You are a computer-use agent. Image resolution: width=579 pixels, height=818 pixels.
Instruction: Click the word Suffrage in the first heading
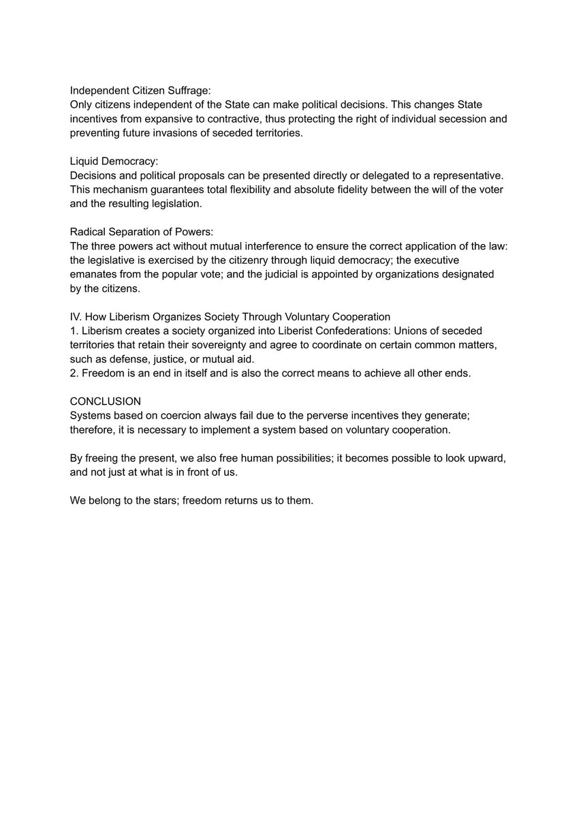point(190,90)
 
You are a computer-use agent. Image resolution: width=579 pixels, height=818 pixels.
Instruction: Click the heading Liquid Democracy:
point(114,162)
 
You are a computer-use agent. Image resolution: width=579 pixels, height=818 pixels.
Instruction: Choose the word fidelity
point(355,190)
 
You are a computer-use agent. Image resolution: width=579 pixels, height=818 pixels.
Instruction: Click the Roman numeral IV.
point(76,316)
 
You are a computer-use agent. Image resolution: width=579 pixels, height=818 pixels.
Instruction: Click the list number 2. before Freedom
point(74,374)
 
